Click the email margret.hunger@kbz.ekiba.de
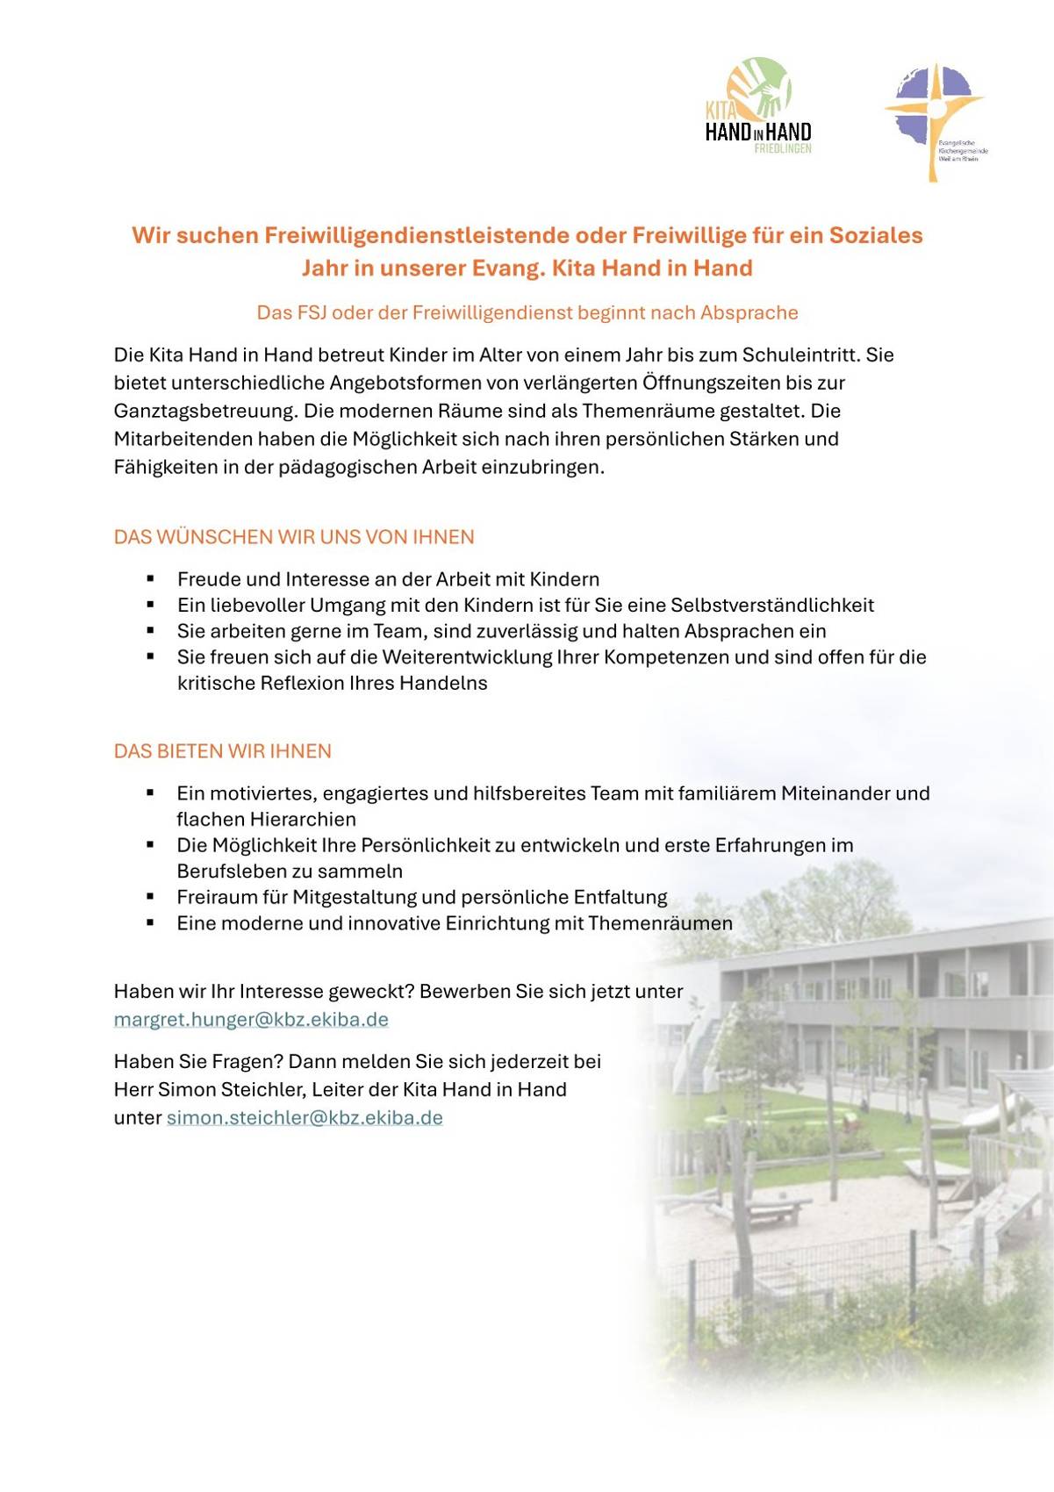(251, 1020)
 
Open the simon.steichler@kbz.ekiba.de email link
(305, 1118)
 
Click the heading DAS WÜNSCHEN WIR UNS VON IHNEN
(294, 537)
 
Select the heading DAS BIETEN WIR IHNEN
(223, 751)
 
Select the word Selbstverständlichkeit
(772, 605)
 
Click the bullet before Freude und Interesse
(151, 579)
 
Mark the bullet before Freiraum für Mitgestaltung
(151, 897)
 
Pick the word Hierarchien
(303, 819)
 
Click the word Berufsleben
(230, 872)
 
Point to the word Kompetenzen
(666, 657)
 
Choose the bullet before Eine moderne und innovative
(151, 923)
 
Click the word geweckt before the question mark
(368, 992)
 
